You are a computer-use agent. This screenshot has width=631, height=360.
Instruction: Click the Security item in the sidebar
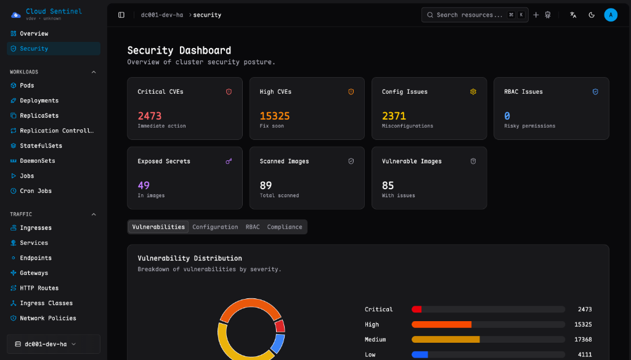(34, 49)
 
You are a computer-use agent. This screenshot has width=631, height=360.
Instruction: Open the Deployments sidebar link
(39, 100)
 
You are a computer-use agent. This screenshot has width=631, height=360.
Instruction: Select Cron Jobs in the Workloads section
(36, 191)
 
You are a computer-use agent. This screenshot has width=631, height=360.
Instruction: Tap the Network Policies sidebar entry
(47, 318)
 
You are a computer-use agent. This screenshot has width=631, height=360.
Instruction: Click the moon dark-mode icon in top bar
(592, 15)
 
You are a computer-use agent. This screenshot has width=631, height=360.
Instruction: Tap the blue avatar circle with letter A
(611, 15)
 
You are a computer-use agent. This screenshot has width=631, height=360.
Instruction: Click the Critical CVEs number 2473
(150, 116)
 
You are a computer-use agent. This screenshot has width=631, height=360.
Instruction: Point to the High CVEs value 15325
(275, 116)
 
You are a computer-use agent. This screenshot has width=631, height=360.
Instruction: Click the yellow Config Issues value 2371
(394, 116)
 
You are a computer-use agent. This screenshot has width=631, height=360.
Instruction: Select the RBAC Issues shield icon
(595, 92)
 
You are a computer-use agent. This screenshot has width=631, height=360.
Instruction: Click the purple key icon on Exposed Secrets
(229, 162)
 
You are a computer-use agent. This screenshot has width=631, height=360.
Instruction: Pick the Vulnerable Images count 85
(388, 186)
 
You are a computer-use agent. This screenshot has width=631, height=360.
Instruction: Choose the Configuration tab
(215, 227)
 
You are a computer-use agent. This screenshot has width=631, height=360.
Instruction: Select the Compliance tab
(285, 227)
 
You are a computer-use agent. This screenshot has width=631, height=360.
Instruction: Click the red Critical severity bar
(417, 309)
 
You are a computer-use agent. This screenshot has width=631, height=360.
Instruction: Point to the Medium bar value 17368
(582, 340)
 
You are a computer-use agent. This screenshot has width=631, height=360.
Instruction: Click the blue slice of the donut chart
(279, 343)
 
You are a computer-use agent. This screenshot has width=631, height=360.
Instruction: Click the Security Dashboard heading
(179, 51)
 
